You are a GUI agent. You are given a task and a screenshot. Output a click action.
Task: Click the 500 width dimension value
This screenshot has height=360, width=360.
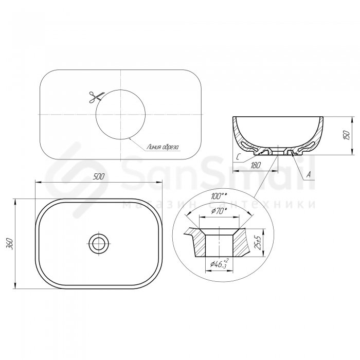point(99,176)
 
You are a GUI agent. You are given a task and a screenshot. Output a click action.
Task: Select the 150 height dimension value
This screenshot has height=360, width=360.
point(347,135)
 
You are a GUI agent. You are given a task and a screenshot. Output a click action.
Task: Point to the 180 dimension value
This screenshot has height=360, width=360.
point(255,165)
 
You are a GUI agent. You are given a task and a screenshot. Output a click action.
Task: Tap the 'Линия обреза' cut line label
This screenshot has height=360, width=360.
point(163,147)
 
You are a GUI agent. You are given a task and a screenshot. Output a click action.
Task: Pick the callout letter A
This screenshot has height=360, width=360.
point(309,175)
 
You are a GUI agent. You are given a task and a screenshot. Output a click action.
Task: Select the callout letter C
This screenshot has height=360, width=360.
point(239,157)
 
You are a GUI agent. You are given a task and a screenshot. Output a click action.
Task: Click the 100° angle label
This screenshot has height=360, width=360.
point(219,196)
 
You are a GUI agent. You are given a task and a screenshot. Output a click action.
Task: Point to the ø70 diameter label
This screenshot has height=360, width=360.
point(219,211)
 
